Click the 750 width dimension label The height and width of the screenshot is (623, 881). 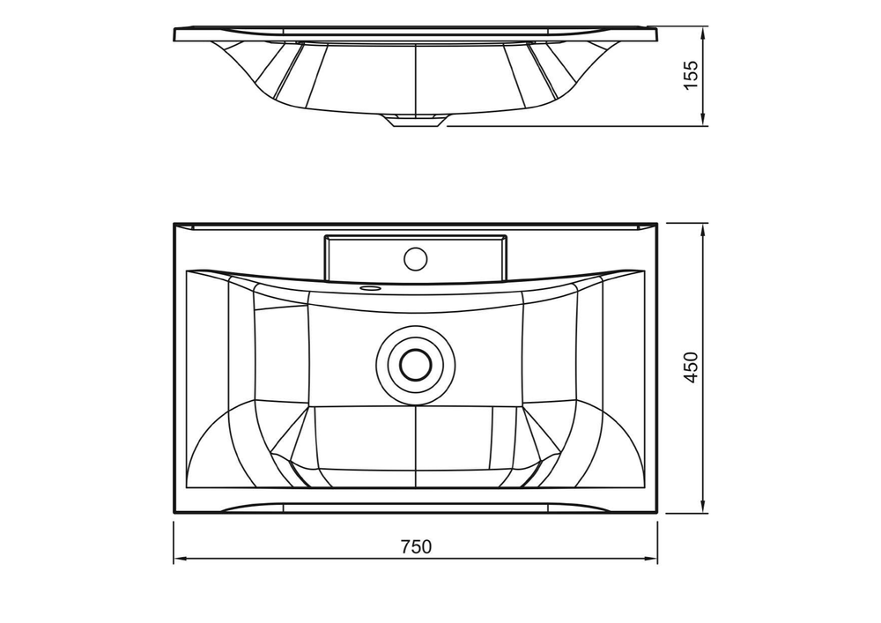pos(417,546)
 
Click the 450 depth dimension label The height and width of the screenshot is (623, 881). pos(691,368)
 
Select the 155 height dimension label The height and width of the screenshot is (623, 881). pos(691,74)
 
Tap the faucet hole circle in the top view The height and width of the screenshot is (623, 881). pos(416,258)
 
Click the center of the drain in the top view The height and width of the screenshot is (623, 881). pos(415,364)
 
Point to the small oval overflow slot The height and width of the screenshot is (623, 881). pos(372,287)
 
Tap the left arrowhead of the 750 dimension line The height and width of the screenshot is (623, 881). pos(180,559)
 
